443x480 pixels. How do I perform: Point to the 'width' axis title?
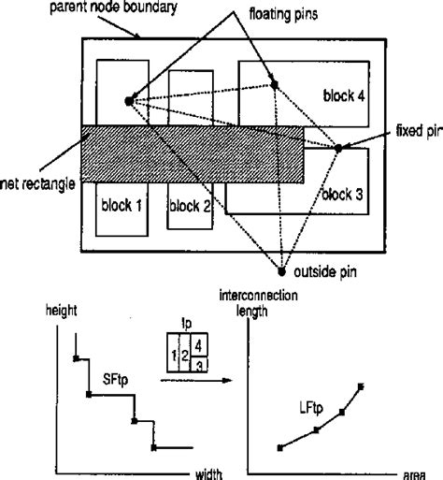(x=207, y=473)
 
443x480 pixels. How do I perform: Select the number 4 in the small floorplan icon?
(x=197, y=343)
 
